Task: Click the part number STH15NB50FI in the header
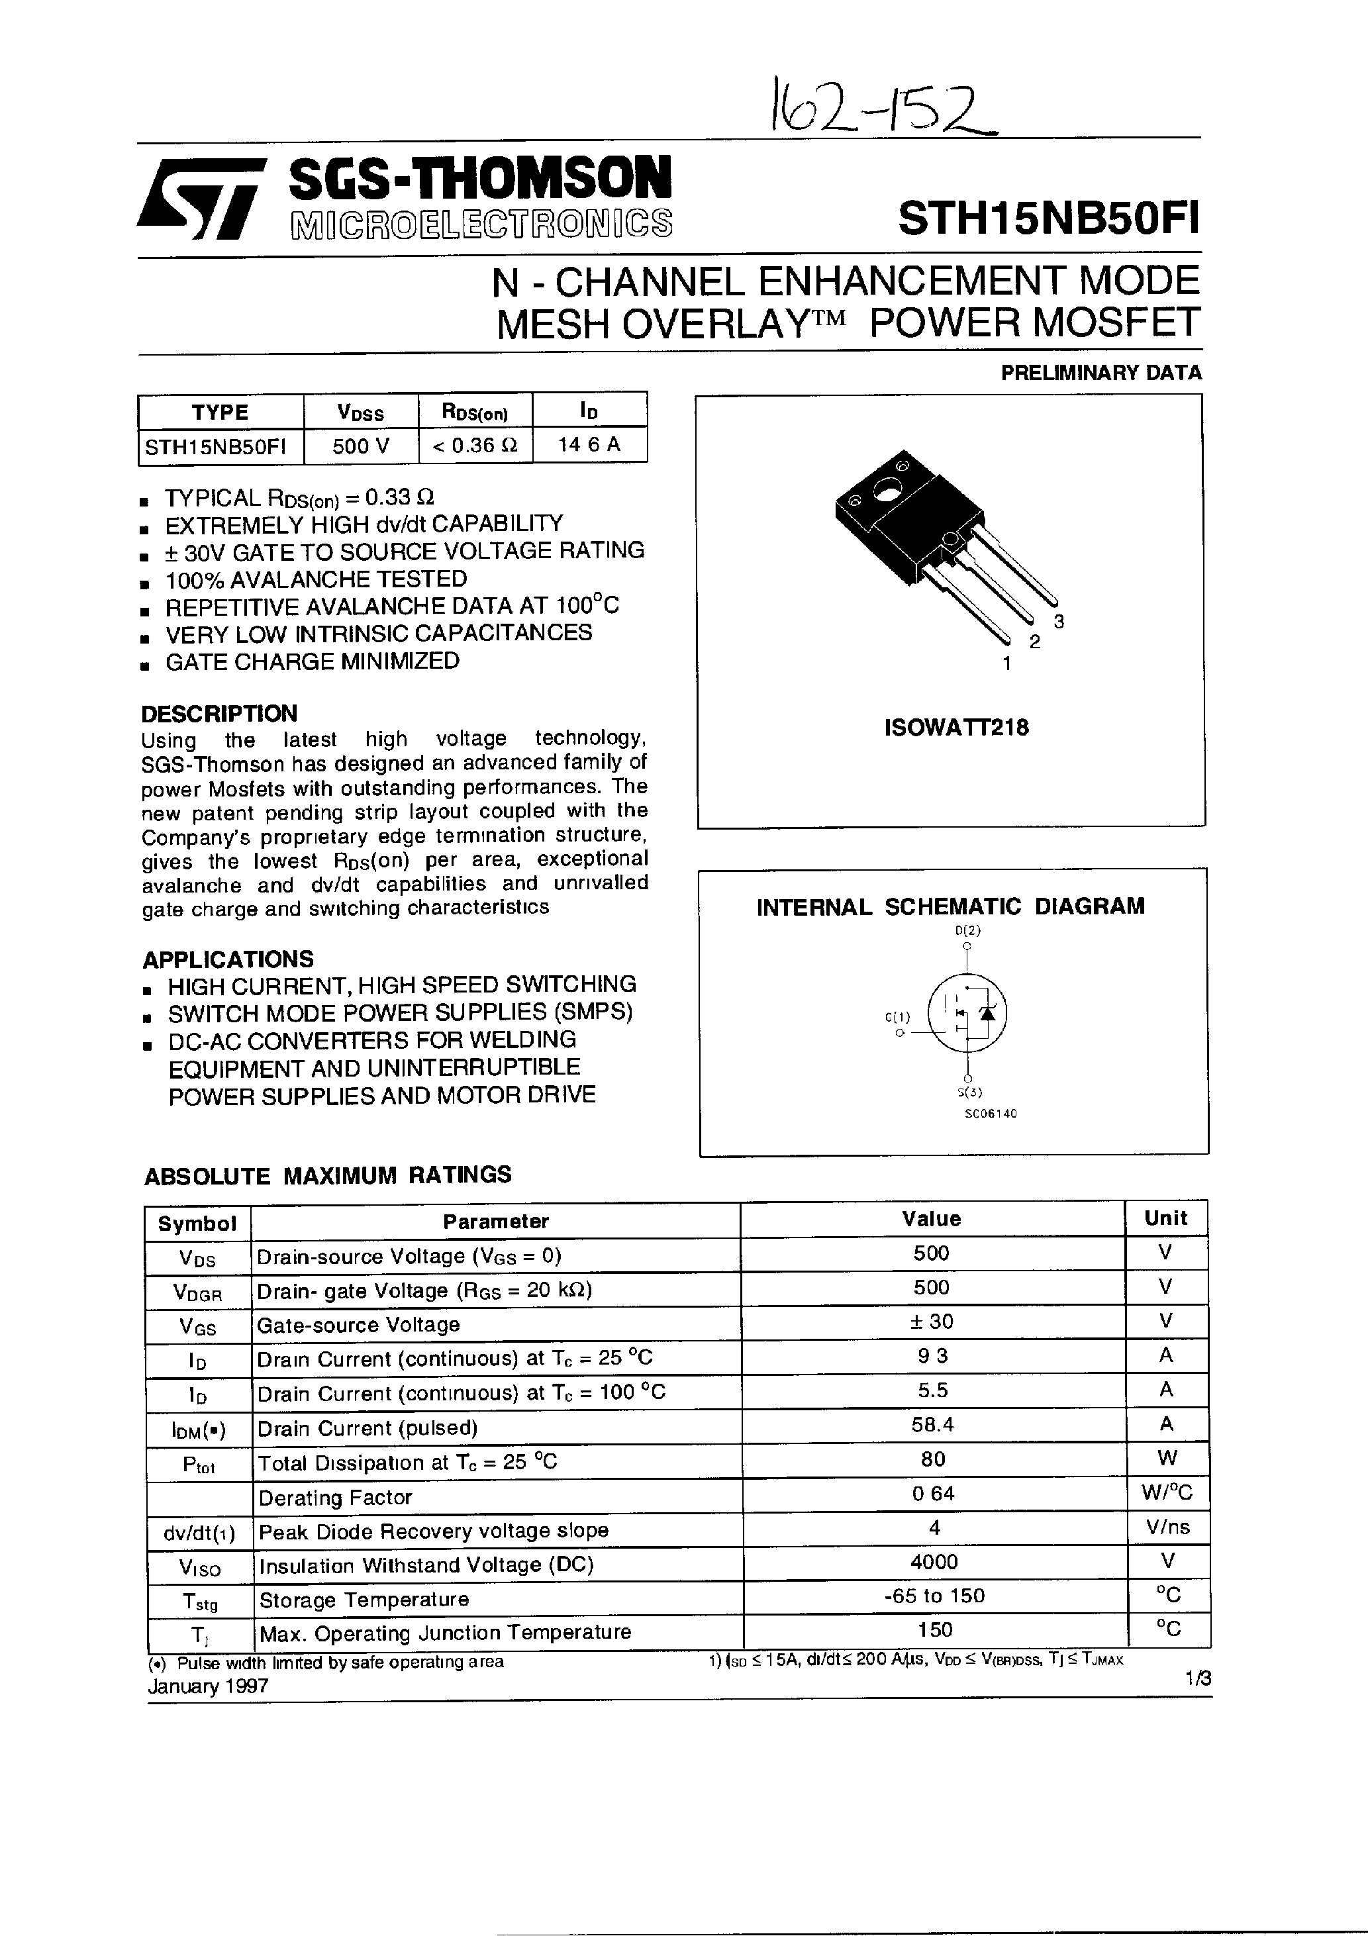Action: pyautogui.click(x=1048, y=218)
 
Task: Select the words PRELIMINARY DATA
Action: pyautogui.click(x=1100, y=373)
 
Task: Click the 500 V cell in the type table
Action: pyautogui.click(x=361, y=445)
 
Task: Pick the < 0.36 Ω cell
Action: pyautogui.click(x=475, y=445)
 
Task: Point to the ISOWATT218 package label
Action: pyautogui.click(x=956, y=728)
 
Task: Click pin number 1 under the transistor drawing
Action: pyautogui.click(x=1006, y=663)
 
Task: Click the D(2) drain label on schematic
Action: pyautogui.click(x=967, y=931)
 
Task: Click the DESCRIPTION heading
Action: pyautogui.click(x=219, y=713)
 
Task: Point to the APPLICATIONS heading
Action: pyautogui.click(x=228, y=959)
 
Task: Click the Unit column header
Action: pyautogui.click(x=1165, y=1218)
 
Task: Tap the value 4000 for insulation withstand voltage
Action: pyautogui.click(x=934, y=1563)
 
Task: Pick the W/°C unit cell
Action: pyautogui.click(x=1167, y=1493)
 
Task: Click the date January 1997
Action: pyautogui.click(x=209, y=1686)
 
